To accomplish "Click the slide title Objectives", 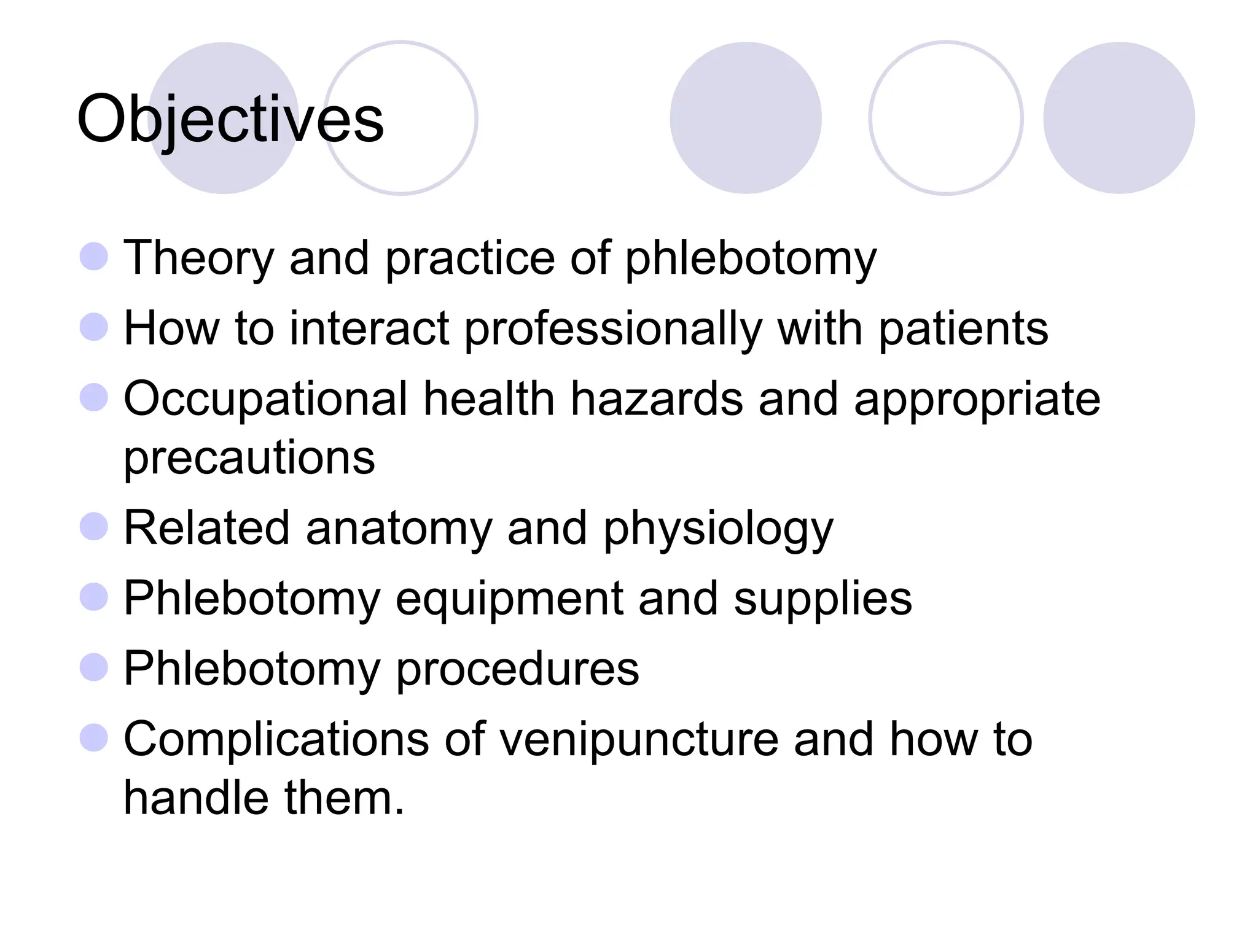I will pyautogui.click(x=230, y=120).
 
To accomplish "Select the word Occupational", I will pyautogui.click(x=265, y=400).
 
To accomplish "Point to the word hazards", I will pyautogui.click(x=656, y=400).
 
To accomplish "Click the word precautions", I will pyautogui.click(x=249, y=458).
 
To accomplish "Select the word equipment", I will pyautogui.click(x=509, y=599).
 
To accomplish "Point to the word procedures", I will pyautogui.click(x=517, y=670).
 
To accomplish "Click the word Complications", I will pyautogui.click(x=276, y=740).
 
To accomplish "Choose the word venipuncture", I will pyautogui.click(x=639, y=740).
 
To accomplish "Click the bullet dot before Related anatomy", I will pyautogui.click(x=94, y=526).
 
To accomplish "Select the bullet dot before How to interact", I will pyautogui.click(x=94, y=327).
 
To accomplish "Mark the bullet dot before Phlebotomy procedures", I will pyautogui.click(x=94, y=667).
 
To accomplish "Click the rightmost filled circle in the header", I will pyautogui.click(x=1119, y=118).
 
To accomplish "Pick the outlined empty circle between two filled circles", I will pyautogui.click(x=945, y=118).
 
